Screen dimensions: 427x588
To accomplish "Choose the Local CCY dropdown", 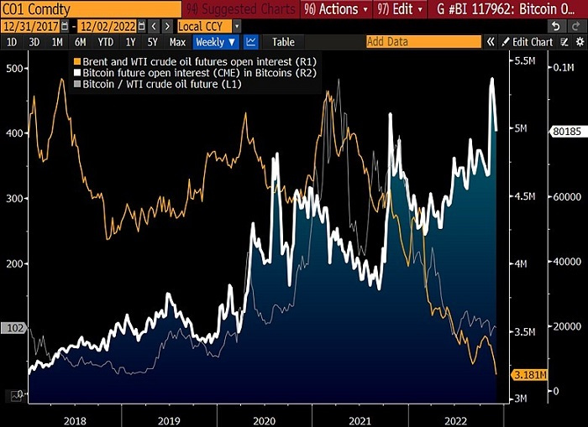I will pyautogui.click(x=206, y=26).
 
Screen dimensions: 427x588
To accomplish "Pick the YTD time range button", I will pyautogui.click(x=105, y=42).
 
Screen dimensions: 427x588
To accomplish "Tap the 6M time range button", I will pyautogui.click(x=80, y=42).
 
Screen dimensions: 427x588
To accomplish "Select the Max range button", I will pyautogui.click(x=177, y=42).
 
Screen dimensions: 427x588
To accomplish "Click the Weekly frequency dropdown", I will pyautogui.click(x=216, y=42).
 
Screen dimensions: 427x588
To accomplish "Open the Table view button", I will pyautogui.click(x=282, y=42).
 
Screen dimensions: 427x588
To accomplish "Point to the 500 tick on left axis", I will pyautogui.click(x=13, y=69).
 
